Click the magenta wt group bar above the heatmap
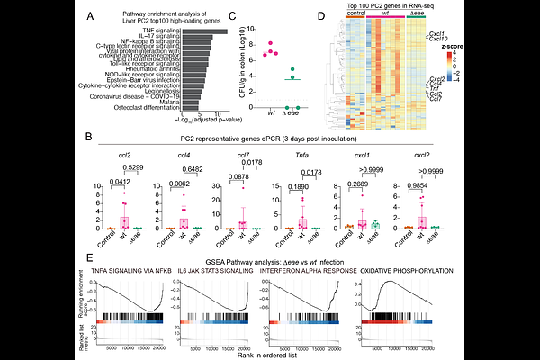click(386, 25)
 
